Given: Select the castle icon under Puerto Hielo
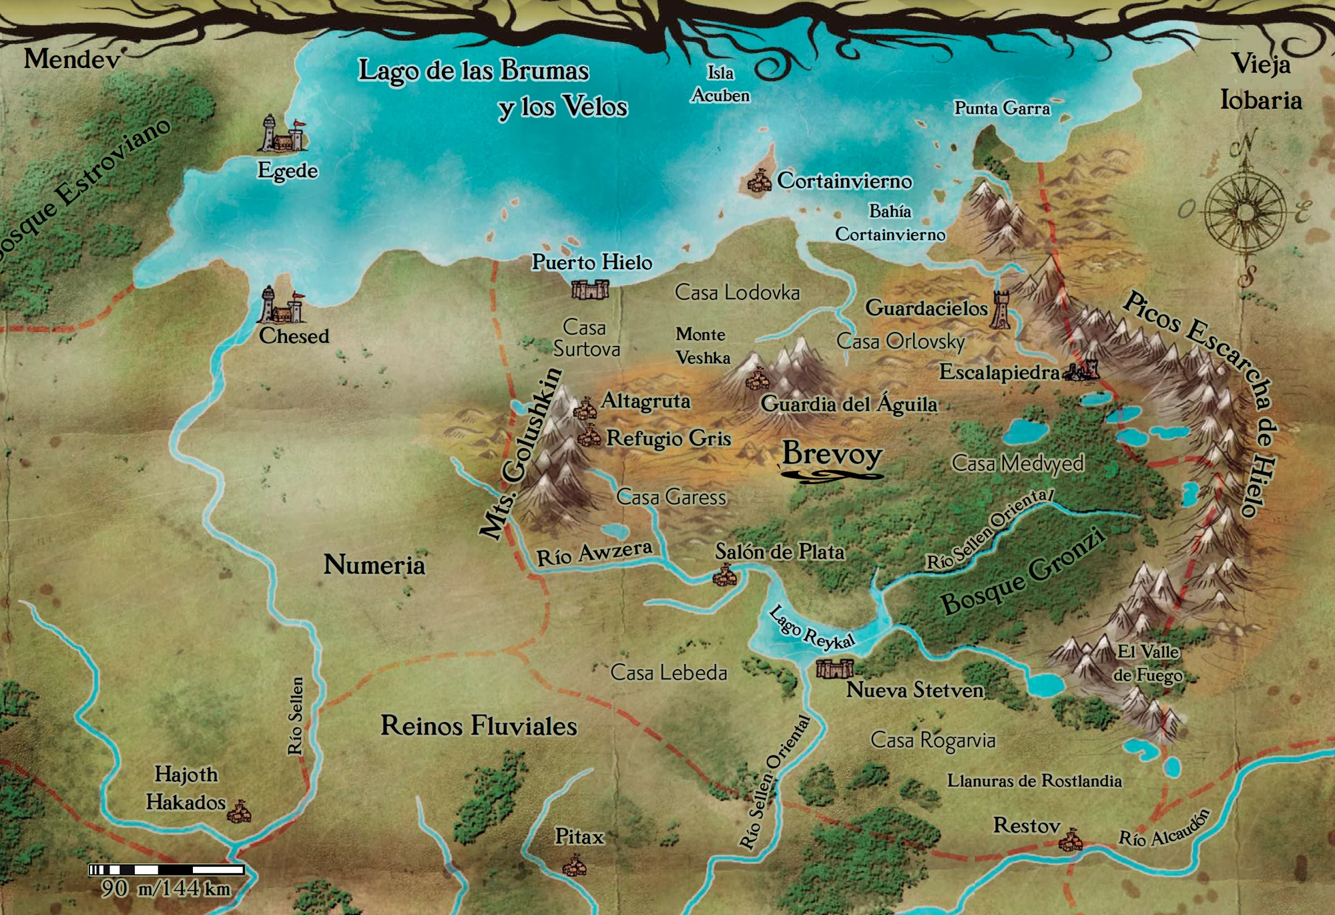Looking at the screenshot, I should click(x=590, y=289).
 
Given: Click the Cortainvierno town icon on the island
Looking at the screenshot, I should click(x=758, y=182).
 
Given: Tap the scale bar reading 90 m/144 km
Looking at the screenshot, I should click(x=166, y=870).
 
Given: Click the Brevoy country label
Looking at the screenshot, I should click(x=832, y=454).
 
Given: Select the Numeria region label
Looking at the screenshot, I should click(x=374, y=565).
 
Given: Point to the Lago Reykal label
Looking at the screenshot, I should click(x=811, y=628).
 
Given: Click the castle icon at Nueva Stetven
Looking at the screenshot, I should click(x=834, y=668).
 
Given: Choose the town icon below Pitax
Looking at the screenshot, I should click(x=573, y=867).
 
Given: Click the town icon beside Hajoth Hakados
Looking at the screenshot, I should click(x=239, y=812).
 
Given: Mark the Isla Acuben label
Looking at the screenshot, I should click(x=720, y=84).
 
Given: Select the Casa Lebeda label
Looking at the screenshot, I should click(x=668, y=673).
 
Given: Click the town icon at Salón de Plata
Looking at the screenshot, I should click(x=725, y=575).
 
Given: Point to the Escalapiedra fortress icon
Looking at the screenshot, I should click(x=1081, y=371).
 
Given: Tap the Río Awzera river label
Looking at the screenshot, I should click(x=594, y=554).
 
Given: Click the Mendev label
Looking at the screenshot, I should click(x=72, y=59).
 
